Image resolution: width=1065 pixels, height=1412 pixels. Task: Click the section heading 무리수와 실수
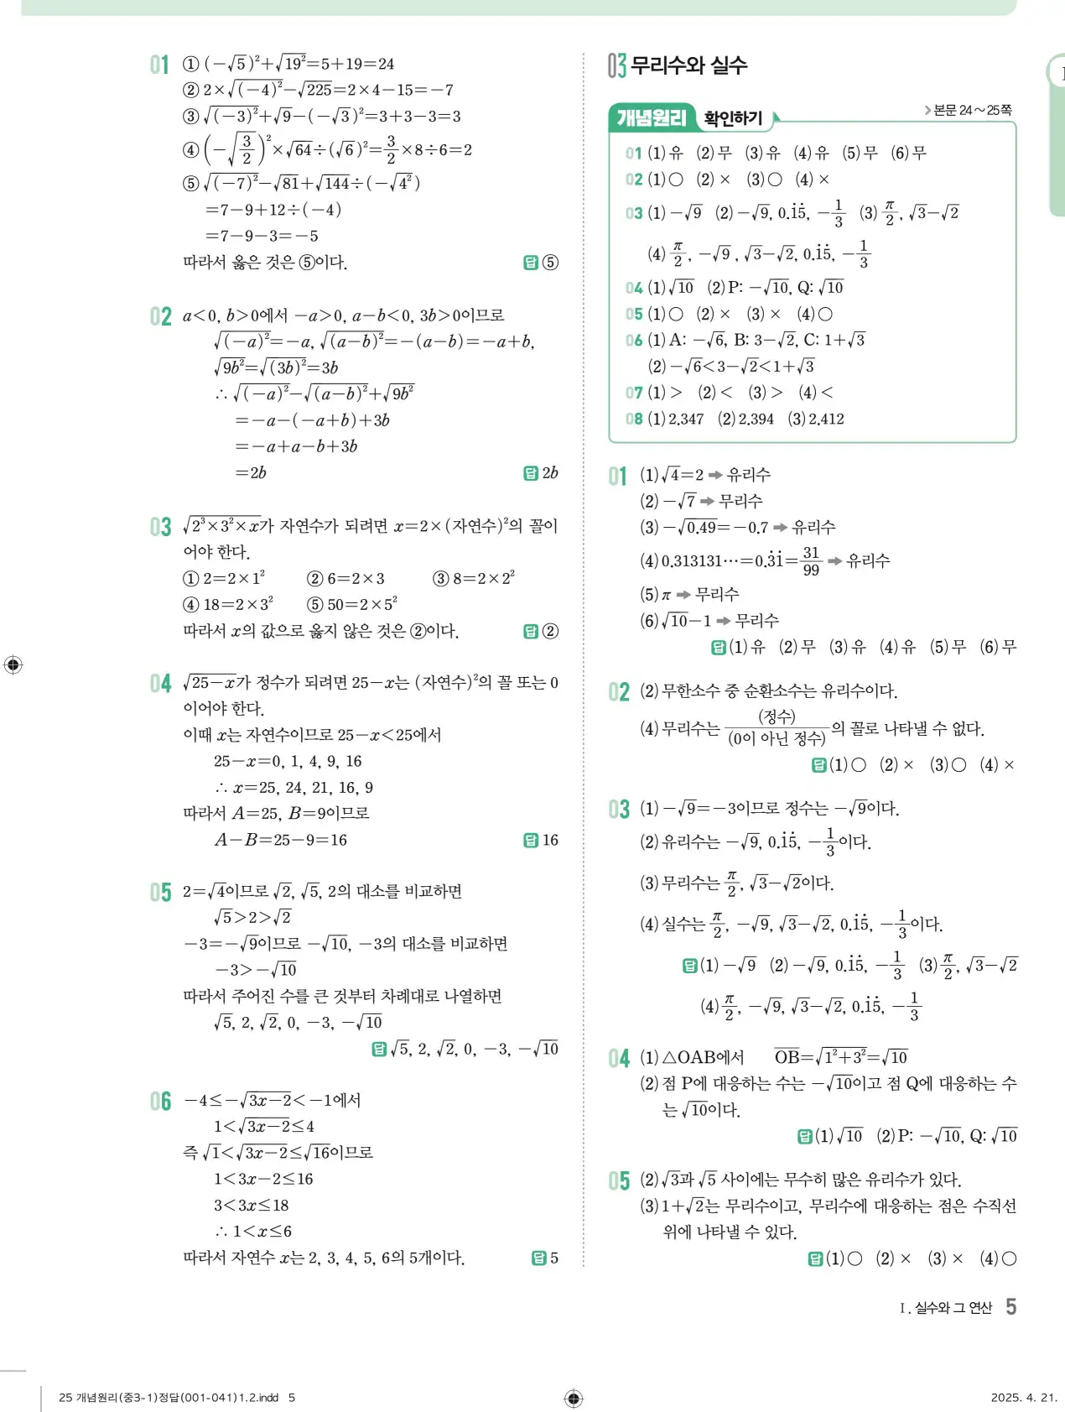coord(688,65)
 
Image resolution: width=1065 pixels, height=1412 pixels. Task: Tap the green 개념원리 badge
coord(651,118)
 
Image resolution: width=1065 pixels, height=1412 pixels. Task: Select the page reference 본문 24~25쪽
coord(971,110)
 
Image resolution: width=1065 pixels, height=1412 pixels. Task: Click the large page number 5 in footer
coord(1011,1306)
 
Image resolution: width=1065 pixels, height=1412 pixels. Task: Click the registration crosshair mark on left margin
coord(13,665)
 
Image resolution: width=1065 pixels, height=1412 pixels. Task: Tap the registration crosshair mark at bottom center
coord(574,1398)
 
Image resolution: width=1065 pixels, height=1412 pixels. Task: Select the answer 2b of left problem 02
coord(550,473)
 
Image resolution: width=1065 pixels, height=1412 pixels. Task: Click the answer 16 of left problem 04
coord(550,840)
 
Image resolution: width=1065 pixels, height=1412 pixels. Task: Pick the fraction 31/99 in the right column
coord(811,561)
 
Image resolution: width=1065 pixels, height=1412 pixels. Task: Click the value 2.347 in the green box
coord(686,419)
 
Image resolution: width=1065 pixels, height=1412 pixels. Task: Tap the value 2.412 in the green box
coord(826,419)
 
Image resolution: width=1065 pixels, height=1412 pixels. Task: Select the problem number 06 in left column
coord(160,1101)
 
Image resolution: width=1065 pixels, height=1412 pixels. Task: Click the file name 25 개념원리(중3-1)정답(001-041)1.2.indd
coord(169,1398)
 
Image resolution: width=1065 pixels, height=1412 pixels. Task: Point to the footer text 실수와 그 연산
coord(953,1308)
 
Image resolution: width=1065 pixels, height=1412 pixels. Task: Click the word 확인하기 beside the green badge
coord(734,119)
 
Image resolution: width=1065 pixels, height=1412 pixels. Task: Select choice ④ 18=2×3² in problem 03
coord(229,604)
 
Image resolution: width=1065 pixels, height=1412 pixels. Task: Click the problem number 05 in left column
coord(160,892)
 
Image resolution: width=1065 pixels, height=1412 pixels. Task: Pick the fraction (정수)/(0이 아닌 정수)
coord(777,727)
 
